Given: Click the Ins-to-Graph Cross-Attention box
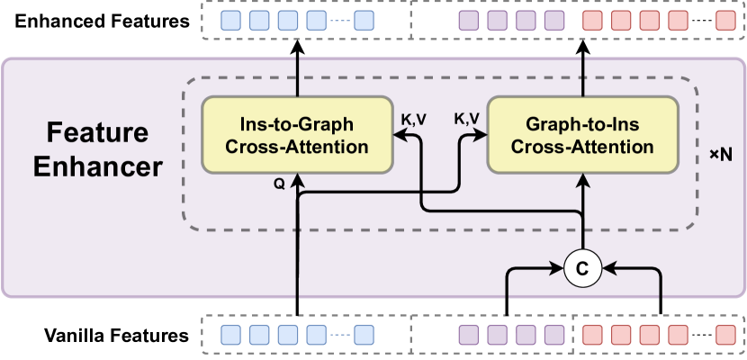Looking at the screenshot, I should [x=297, y=135].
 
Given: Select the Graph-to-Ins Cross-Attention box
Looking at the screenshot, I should [x=584, y=135].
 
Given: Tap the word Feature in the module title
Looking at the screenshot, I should [x=97, y=134].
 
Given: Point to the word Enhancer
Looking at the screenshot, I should [x=97, y=167].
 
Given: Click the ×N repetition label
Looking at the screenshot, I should [x=721, y=155].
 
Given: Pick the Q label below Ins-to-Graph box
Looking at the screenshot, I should [x=280, y=183].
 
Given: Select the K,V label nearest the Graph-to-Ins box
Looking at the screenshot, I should [x=466, y=119].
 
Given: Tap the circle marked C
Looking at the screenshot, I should [x=583, y=268].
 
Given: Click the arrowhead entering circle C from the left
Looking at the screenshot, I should [x=558, y=268].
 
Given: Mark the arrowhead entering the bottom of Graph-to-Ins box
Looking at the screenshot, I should [x=584, y=179].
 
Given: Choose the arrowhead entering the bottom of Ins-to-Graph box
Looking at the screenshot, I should [x=297, y=179].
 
